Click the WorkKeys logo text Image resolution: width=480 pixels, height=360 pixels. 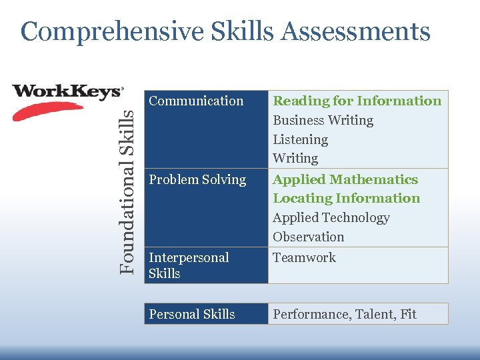(x=67, y=91)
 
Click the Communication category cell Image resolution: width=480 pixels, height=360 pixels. (x=196, y=101)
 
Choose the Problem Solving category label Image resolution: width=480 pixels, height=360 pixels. (x=197, y=180)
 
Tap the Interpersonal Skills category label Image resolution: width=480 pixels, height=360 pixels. (x=189, y=265)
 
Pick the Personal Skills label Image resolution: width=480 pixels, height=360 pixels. (x=192, y=314)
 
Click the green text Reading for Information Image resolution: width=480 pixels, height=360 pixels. (x=357, y=101)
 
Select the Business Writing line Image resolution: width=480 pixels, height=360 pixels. (x=323, y=121)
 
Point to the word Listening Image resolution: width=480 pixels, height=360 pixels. (x=300, y=140)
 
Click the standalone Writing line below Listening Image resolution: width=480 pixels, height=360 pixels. (x=295, y=159)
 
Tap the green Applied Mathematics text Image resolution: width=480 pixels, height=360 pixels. (x=345, y=180)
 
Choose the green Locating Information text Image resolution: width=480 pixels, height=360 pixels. (x=346, y=199)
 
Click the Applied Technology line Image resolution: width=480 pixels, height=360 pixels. (x=331, y=218)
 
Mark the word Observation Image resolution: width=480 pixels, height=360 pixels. (x=308, y=237)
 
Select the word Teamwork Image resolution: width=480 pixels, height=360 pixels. (x=304, y=258)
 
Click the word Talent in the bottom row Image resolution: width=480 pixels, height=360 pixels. (x=373, y=314)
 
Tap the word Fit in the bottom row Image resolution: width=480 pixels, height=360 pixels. (x=408, y=314)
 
